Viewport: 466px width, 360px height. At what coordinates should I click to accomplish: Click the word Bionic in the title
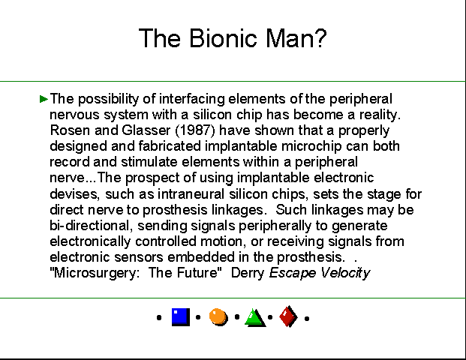point(223,38)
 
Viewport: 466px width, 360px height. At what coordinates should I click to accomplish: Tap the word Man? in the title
point(296,38)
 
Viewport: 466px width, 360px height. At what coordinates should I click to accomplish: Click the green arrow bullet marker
point(44,98)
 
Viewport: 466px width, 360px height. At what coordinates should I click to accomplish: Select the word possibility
point(108,99)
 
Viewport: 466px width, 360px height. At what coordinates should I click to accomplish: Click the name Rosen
point(70,130)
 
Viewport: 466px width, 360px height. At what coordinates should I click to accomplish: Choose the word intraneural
point(191,194)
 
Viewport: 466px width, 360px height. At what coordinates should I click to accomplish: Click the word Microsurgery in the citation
point(95,273)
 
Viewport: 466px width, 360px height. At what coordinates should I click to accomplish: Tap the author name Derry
point(248,273)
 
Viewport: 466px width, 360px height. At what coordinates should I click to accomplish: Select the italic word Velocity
point(345,273)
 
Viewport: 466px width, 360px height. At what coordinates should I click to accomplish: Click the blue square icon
point(181,317)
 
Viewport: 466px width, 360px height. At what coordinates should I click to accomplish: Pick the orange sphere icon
point(218,317)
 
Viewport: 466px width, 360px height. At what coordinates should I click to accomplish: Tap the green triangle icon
point(255,318)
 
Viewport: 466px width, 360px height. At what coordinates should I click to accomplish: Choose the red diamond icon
point(289,316)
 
